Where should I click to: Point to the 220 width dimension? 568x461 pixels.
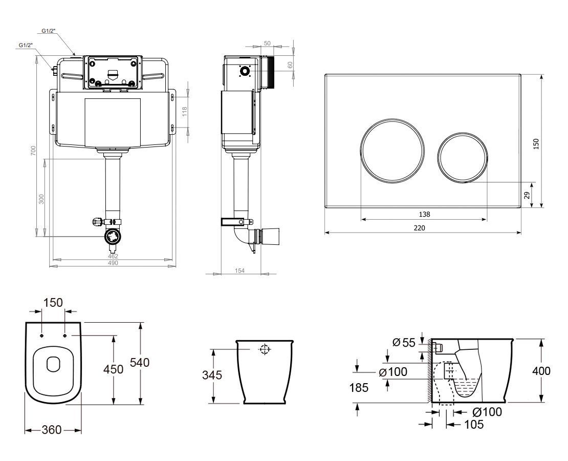click(x=424, y=227)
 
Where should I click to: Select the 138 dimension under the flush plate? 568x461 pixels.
click(x=424, y=214)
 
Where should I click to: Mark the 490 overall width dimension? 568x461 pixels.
click(x=113, y=263)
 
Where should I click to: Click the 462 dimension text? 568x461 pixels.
click(x=113, y=256)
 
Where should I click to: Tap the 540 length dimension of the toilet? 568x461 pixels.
click(x=139, y=363)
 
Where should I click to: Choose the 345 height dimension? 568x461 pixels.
click(x=212, y=375)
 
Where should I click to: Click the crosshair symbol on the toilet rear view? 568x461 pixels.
click(x=264, y=350)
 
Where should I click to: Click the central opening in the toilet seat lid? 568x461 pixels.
click(x=53, y=364)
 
